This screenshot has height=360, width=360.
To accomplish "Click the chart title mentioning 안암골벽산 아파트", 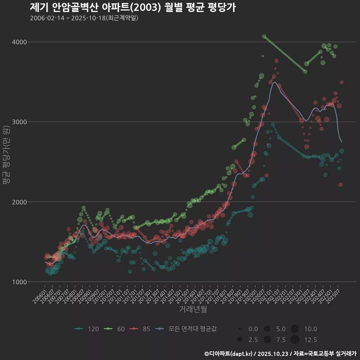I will pos(133,7).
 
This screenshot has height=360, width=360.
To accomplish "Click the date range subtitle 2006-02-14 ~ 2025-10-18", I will pos(84,18).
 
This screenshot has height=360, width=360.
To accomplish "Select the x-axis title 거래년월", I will pos(193,309).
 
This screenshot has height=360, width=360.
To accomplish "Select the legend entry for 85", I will pos(140,329).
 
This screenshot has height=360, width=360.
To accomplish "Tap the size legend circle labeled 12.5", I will pos(295,340).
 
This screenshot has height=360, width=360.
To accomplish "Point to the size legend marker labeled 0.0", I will pos(239,329).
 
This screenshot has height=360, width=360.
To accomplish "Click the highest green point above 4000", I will pos(264,36).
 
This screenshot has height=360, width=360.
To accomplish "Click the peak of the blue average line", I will pos(274,82).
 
